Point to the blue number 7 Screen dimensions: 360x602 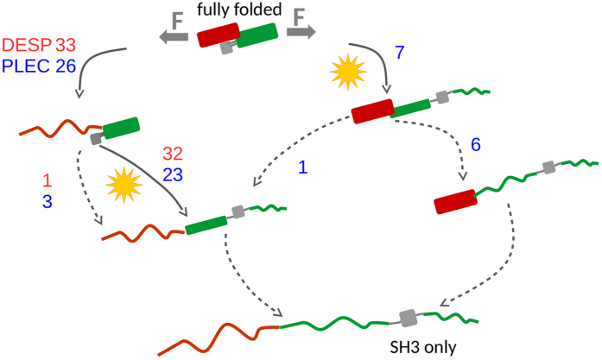[x=399, y=52]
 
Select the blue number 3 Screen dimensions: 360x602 [x=48, y=201]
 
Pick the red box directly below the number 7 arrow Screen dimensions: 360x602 [x=372, y=111]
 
